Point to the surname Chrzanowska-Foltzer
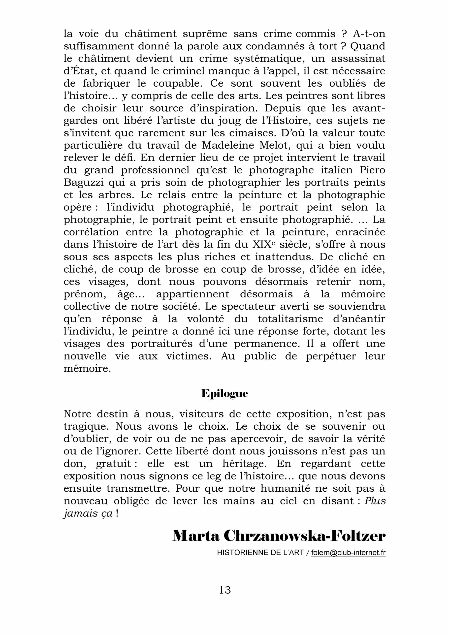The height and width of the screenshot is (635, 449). coord(305,537)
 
